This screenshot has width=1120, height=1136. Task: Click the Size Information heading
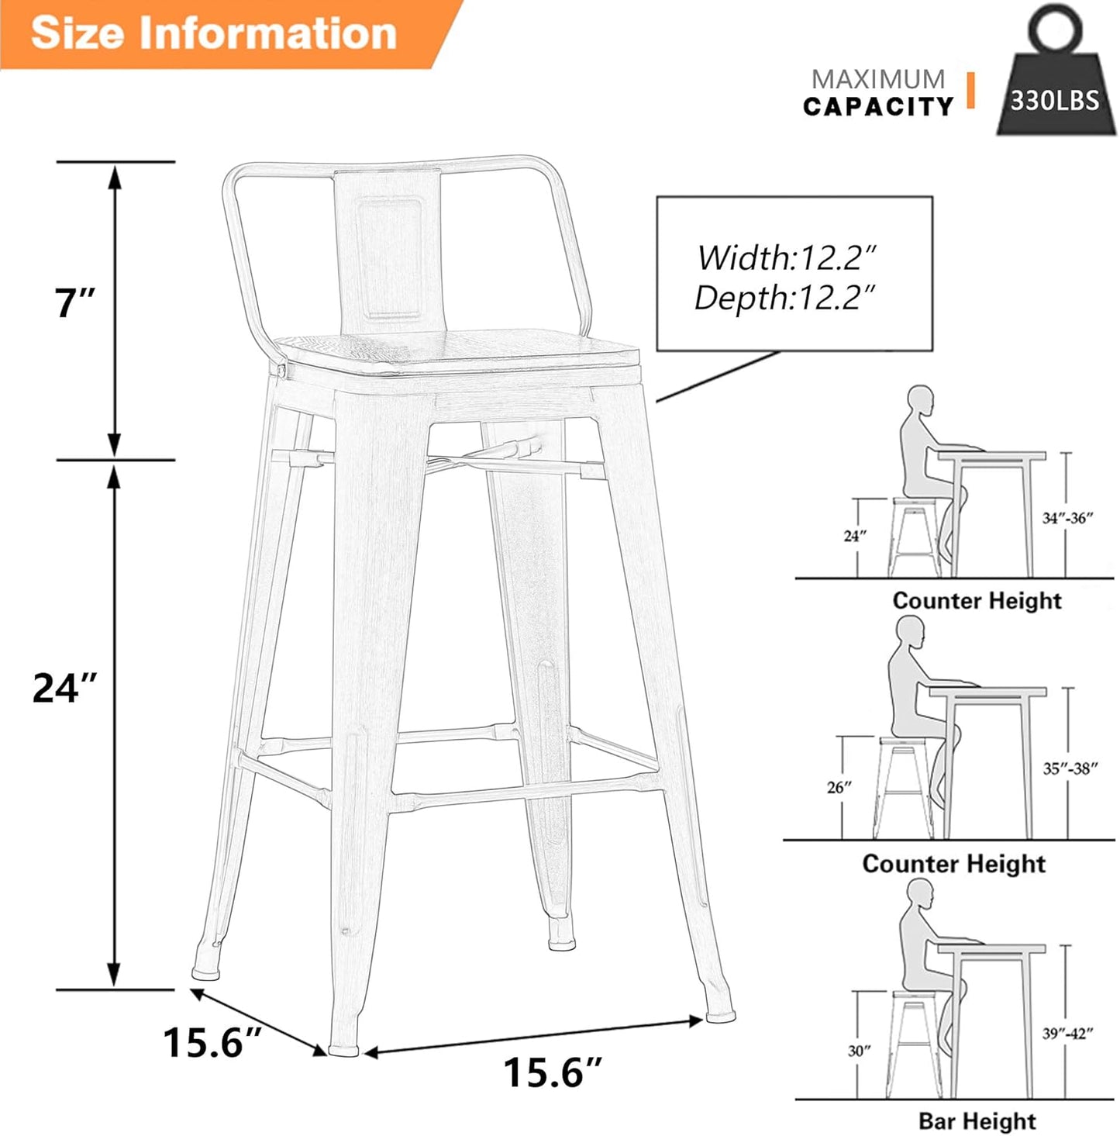(214, 33)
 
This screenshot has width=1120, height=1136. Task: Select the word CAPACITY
(877, 107)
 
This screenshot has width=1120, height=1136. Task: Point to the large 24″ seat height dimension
(65, 688)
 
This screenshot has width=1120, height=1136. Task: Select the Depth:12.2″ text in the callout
(786, 298)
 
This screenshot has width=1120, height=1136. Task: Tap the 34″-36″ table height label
(1067, 518)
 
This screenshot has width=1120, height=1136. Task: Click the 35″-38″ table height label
(1070, 768)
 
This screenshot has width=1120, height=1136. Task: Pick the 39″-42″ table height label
(1067, 1033)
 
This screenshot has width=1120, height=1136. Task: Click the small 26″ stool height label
(839, 787)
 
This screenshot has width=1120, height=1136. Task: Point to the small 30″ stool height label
(859, 1051)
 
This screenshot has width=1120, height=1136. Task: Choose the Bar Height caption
(977, 1121)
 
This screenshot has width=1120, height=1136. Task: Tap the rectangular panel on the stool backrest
(395, 257)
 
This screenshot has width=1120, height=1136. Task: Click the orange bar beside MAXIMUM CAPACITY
(969, 90)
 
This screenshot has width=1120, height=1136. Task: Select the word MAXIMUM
(877, 78)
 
